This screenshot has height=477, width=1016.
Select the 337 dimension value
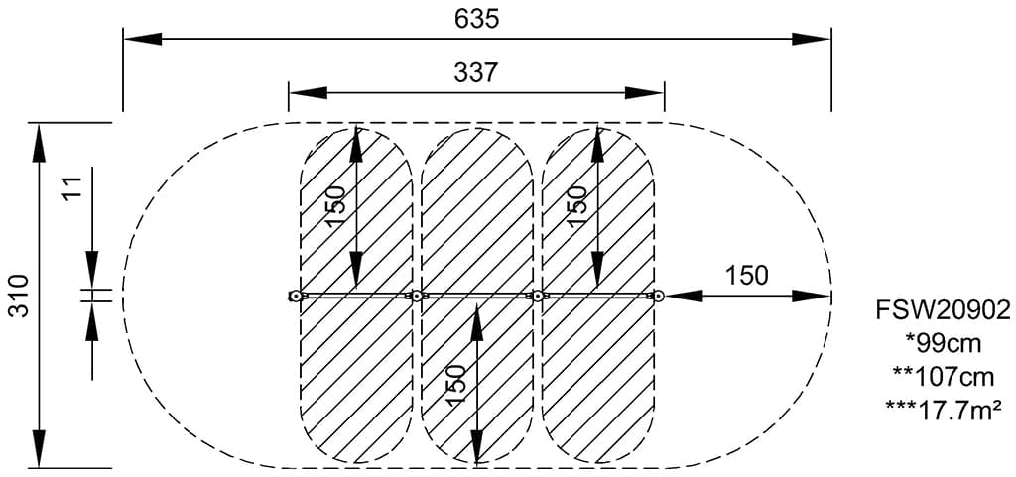coord(476,72)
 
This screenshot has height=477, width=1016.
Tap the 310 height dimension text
coord(18,296)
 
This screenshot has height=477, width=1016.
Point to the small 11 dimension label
coord(70,188)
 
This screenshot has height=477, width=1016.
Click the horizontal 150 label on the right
coord(746,276)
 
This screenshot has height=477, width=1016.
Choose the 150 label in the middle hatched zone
coord(455,387)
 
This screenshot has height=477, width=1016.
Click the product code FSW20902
coord(942,311)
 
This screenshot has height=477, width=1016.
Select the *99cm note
coord(942,343)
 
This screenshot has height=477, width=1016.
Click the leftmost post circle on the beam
coord(295,296)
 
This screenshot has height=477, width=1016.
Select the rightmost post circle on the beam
coord(657,296)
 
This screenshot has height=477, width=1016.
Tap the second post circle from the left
coord(418,296)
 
